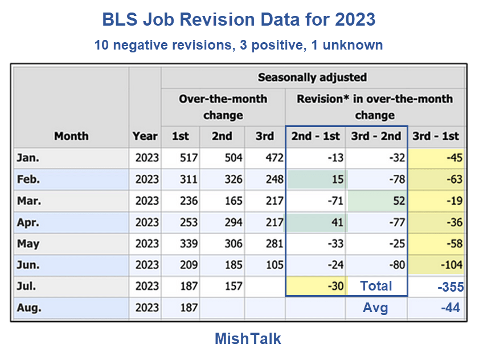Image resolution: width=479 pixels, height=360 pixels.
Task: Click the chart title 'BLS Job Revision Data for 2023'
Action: coord(239,19)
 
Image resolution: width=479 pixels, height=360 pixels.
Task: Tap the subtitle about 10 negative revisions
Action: coord(239,45)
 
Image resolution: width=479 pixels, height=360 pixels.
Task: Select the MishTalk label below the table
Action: coord(248,339)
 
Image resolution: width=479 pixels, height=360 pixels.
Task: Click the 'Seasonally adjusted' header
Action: coord(312,77)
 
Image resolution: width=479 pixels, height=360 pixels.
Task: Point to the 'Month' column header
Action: coord(71,136)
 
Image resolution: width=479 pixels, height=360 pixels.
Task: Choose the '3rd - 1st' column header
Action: coord(436,136)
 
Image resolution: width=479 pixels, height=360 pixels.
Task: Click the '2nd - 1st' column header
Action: coord(316,136)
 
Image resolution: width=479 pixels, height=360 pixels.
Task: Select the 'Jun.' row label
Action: coord(28,265)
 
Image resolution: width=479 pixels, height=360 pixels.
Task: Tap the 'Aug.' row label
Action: coord(29,308)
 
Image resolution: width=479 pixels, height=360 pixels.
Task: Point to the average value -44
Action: coord(451,308)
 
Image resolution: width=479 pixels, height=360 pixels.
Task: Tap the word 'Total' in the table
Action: coord(376,286)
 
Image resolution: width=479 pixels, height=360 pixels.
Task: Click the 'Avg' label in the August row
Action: coord(375,308)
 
